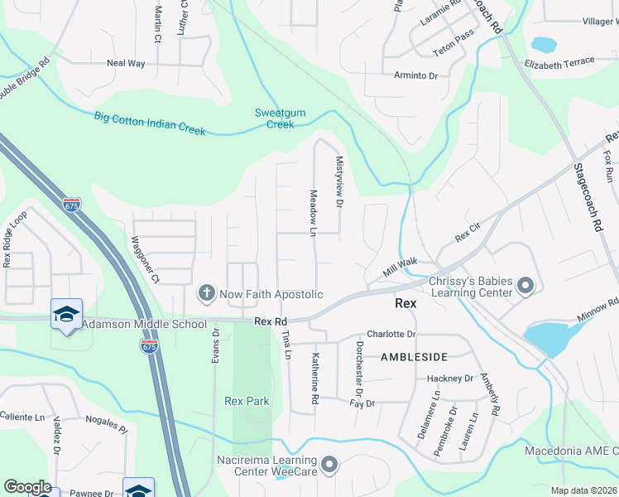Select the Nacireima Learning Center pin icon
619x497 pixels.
(330, 465)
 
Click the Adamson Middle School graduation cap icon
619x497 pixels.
(66, 314)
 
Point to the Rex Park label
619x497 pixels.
(247, 401)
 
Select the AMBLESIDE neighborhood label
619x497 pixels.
(414, 356)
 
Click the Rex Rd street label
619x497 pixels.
(271, 321)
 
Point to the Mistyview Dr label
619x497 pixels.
(338, 178)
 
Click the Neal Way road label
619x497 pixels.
(126, 63)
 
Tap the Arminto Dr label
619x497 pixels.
(415, 75)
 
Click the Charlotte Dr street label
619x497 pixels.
(391, 334)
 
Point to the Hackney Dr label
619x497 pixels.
(450, 379)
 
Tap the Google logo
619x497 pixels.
(26, 487)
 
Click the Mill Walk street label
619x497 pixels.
(400, 266)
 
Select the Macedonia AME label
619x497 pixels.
(571, 451)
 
